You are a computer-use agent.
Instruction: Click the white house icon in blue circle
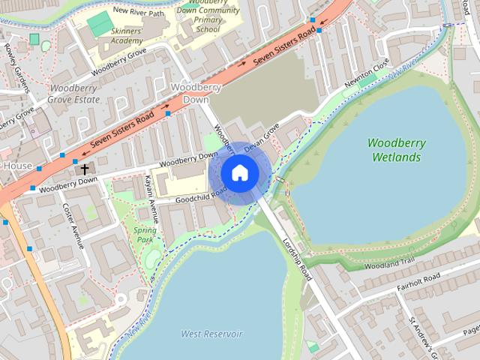pos(240,173)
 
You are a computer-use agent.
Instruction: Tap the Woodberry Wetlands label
pos(397,150)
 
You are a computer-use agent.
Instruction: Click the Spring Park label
pos(144,235)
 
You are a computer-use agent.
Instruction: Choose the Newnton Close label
pos(368,75)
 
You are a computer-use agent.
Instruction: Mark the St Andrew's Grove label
pos(421,333)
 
